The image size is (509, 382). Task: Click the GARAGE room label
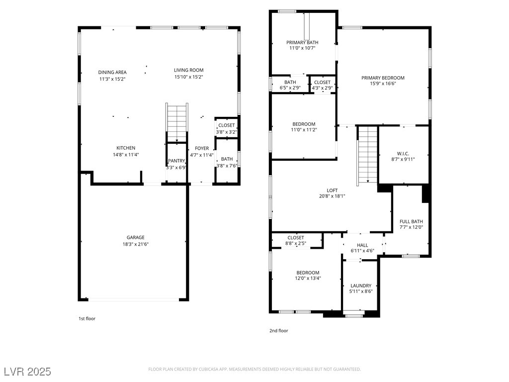coord(135,237)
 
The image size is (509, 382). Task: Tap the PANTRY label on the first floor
coord(176,161)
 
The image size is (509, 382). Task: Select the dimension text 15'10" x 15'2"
coord(188,77)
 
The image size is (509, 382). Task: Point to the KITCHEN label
coord(126,148)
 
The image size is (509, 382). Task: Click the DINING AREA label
coord(112,72)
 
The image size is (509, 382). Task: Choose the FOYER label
coord(202,148)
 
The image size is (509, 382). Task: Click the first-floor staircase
coord(177,122)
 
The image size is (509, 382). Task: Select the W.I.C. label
coord(403,154)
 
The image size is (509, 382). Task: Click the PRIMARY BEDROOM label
coord(383,78)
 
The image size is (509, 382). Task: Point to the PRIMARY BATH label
coord(302,43)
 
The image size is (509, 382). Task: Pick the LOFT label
coord(332,191)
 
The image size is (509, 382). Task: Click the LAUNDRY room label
coord(361,286)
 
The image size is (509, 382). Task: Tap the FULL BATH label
coord(411,221)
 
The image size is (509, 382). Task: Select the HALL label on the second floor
coord(362,245)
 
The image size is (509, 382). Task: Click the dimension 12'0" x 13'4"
coord(308,279)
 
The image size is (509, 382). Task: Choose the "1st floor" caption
coord(87,319)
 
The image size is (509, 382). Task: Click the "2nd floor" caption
coord(278,331)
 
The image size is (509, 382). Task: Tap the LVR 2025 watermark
coord(28,371)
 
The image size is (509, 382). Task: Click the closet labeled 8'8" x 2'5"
coord(296,240)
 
